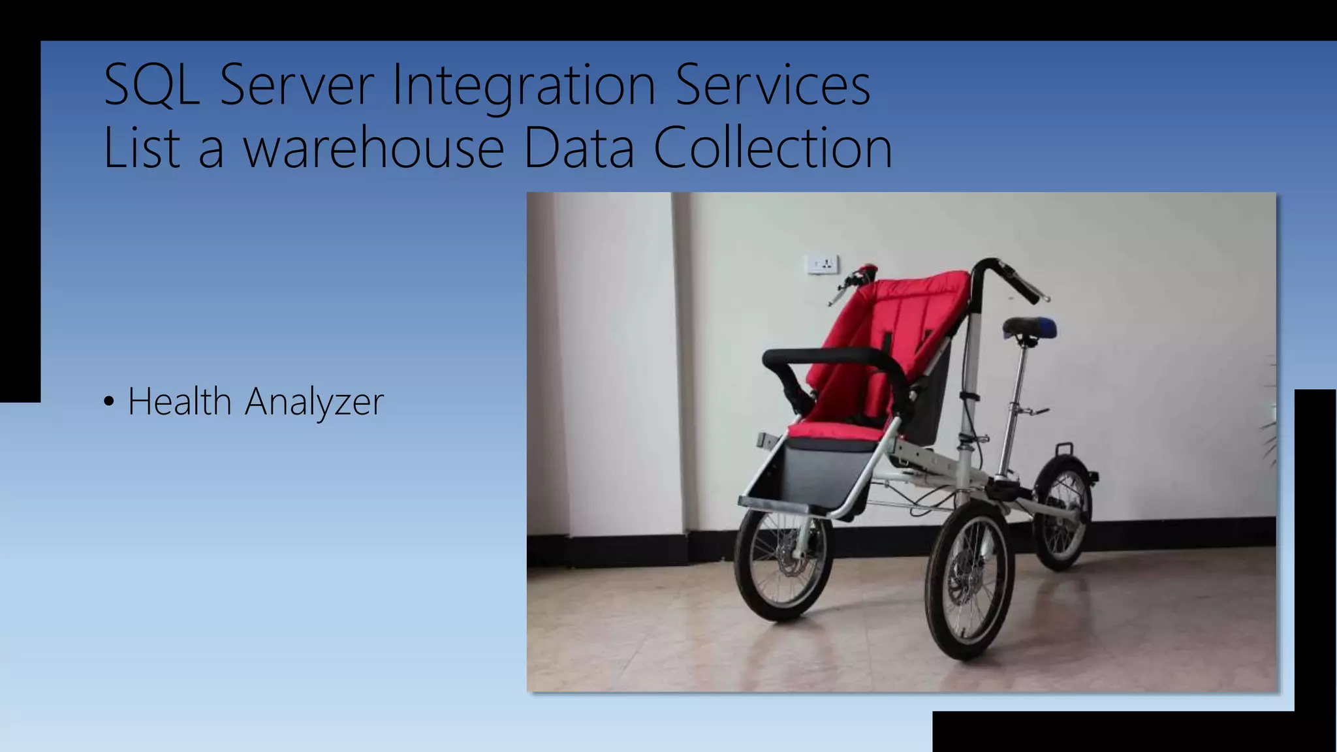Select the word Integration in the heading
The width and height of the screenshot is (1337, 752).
pos(524,86)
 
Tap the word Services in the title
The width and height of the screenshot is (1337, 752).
pos(773,85)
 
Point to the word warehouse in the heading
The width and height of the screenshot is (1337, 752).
pos(373,149)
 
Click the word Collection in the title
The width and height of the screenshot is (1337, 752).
pos(773,149)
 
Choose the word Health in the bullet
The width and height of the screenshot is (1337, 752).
pos(180,401)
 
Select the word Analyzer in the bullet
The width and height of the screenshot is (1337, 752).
pos(314,402)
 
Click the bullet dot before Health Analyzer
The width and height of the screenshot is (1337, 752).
pos(109,401)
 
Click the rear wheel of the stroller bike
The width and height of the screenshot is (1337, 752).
pos(1063,512)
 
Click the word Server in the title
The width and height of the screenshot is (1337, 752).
pos(297,85)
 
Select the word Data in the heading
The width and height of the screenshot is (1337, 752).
pos(578,149)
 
